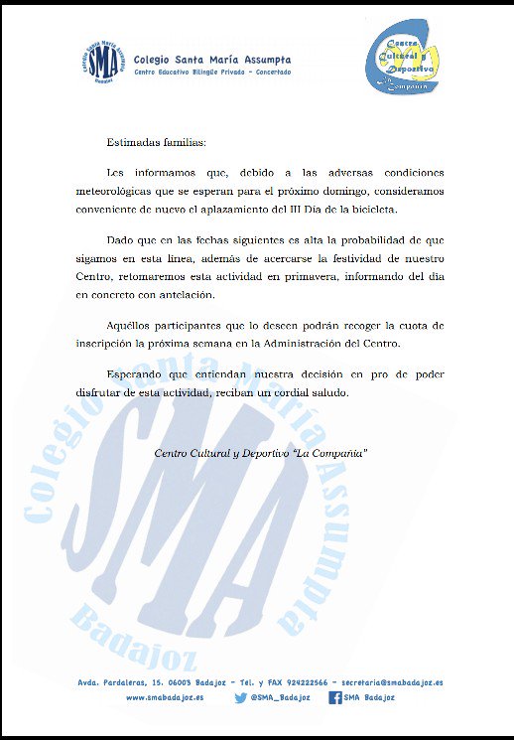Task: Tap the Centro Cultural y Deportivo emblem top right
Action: pos(401,62)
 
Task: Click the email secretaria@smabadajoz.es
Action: pos(391,682)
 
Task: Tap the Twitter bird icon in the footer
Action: pos(240,698)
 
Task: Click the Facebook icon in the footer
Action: pos(335,698)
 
